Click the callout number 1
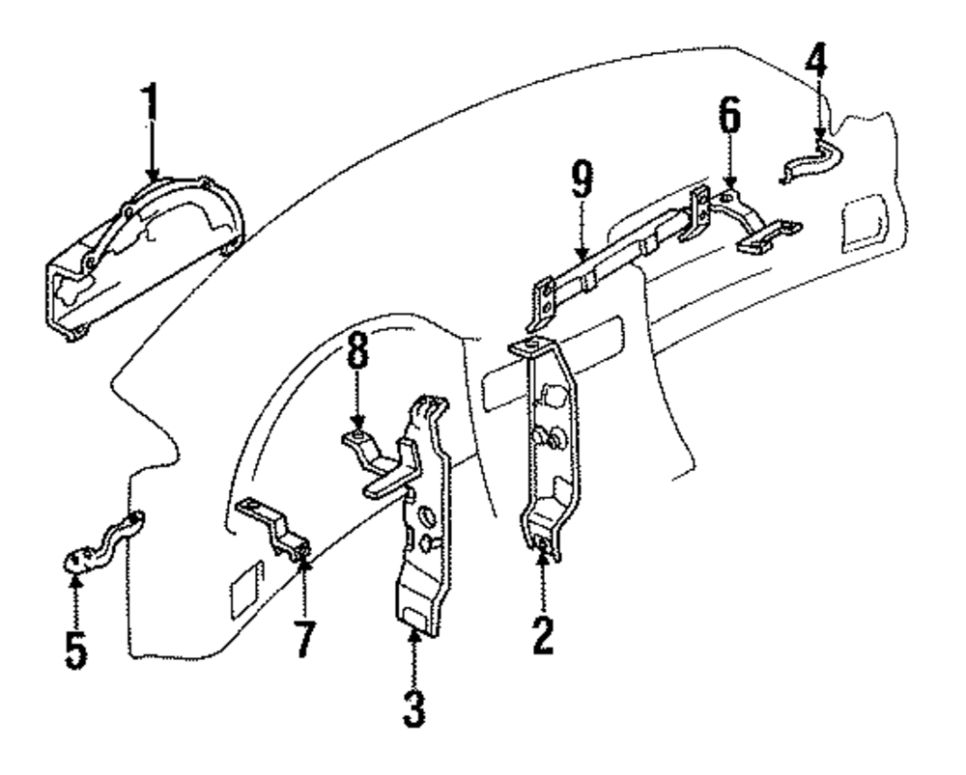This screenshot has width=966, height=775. (150, 105)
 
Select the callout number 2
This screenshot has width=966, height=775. (543, 633)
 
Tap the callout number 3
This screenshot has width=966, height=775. (412, 708)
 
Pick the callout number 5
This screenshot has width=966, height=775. (75, 650)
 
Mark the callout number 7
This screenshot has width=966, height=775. (304, 638)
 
